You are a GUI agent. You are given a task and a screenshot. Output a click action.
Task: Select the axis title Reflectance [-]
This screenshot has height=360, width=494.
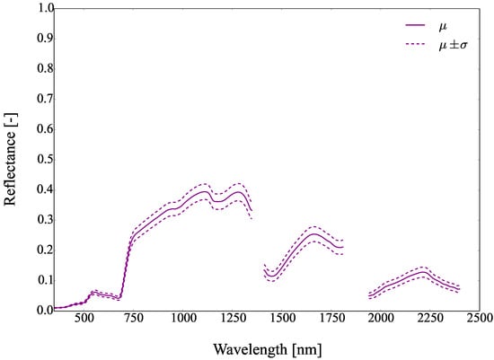pyautogui.click(x=11, y=159)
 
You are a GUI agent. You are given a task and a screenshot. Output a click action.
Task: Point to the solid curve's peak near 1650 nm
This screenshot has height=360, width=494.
pyautogui.click(x=313, y=234)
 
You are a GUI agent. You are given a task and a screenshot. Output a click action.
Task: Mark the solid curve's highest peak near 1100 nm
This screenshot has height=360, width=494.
pyautogui.click(x=205, y=191)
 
